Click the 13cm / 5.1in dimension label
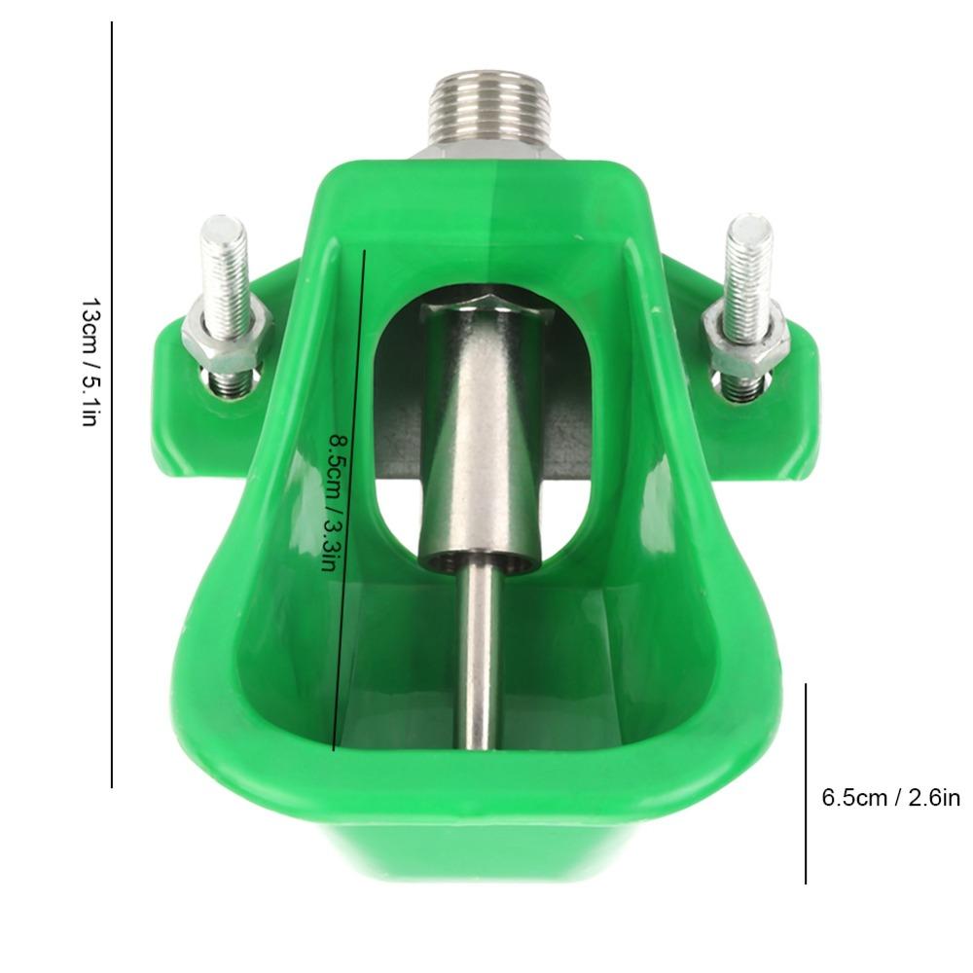(90, 362)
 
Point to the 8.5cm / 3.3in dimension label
(333, 503)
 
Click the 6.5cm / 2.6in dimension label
(890, 798)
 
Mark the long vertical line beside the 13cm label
(112, 405)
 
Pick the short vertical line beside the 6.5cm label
(806, 783)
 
